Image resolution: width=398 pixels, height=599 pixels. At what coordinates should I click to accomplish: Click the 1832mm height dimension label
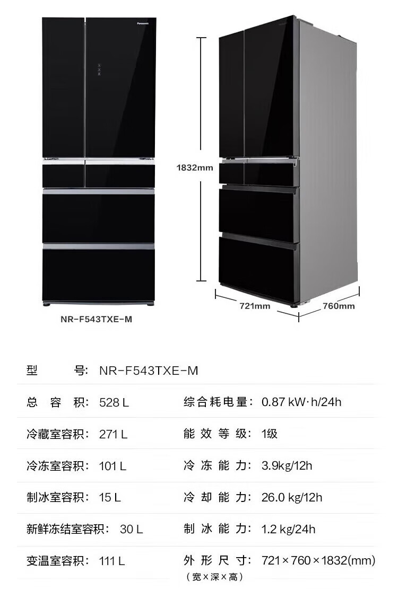[195, 168]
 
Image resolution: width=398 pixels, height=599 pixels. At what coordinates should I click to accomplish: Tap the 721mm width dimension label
[255, 306]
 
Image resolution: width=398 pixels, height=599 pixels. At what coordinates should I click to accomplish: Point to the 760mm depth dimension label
[339, 306]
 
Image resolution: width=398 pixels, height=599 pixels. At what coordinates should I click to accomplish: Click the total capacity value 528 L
[114, 402]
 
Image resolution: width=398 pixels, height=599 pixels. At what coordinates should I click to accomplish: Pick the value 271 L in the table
[114, 434]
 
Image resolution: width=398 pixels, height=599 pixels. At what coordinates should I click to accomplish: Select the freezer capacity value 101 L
[113, 466]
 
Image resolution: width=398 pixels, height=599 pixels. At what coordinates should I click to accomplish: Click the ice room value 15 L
[110, 497]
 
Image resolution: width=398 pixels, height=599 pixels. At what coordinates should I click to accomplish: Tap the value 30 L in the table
[132, 529]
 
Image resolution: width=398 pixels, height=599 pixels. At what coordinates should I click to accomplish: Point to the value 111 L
[113, 560]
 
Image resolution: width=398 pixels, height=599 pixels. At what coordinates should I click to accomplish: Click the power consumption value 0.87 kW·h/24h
[301, 402]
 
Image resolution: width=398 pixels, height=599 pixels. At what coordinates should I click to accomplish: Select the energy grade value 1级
[270, 434]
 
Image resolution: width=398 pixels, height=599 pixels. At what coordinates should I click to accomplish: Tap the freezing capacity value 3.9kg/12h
[287, 465]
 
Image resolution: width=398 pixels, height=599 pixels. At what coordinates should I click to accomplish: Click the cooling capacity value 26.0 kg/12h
[292, 497]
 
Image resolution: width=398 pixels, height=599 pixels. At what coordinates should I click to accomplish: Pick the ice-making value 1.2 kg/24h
[289, 528]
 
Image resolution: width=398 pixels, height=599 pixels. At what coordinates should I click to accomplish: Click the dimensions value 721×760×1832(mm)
[318, 560]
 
